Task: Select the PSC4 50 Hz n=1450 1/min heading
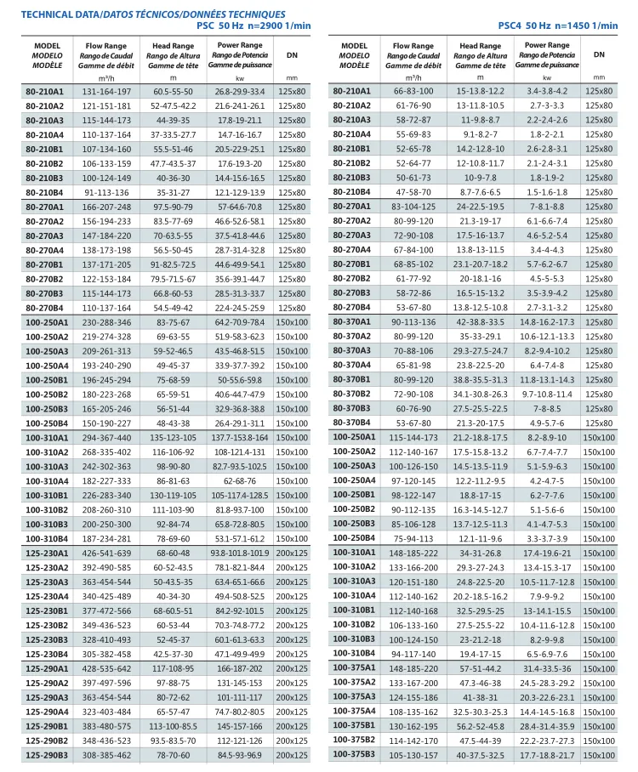(558, 26)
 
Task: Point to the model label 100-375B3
(353, 754)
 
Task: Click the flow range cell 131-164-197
(106, 91)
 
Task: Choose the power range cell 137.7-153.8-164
(240, 437)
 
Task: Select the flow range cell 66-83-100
(413, 91)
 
